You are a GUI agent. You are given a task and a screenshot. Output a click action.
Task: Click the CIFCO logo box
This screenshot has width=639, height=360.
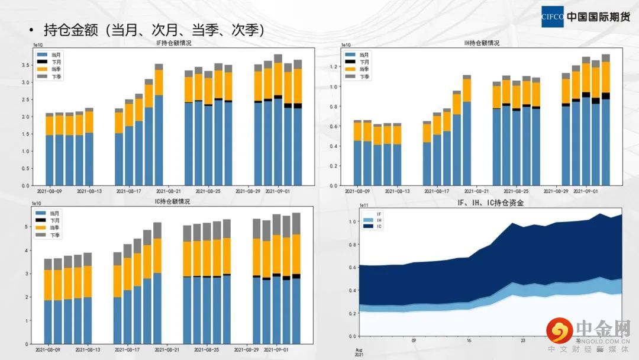click(x=553, y=17)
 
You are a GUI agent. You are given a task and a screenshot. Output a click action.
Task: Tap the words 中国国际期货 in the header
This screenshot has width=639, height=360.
click(x=598, y=17)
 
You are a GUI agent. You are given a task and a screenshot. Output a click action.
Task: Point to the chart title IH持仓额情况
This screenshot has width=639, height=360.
click(x=482, y=43)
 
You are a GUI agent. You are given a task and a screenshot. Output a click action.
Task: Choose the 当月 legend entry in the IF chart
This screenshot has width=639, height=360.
click(x=55, y=54)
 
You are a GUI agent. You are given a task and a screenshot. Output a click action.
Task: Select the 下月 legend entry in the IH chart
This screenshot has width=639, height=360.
click(x=364, y=62)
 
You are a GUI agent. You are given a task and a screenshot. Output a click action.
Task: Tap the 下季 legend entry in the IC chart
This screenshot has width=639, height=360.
click(x=55, y=235)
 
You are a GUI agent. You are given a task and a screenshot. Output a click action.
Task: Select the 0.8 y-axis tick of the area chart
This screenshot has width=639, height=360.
click(x=353, y=245)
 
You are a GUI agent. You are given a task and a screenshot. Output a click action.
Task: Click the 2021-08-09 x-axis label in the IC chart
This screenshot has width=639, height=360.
click(x=49, y=349)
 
